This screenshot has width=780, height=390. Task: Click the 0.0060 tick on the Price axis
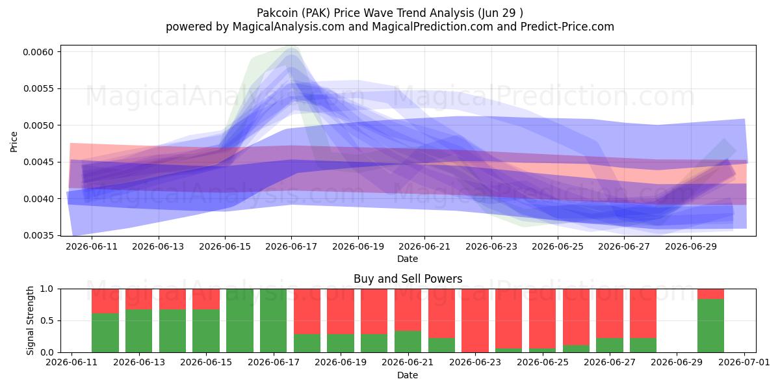coord(38,52)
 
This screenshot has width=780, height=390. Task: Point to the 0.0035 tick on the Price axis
coord(38,236)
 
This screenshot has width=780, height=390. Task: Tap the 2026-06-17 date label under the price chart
coord(291,246)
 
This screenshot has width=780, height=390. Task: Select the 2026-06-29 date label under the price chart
coord(691,246)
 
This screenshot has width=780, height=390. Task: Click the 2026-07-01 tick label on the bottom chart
coord(744,362)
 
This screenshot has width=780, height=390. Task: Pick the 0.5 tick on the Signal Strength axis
coord(47,320)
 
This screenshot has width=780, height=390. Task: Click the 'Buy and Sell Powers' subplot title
coord(408,279)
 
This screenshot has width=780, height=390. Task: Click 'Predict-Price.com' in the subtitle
coord(567,27)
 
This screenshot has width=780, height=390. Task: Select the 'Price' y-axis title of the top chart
coord(14,142)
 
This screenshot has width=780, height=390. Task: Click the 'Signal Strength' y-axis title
coord(31,320)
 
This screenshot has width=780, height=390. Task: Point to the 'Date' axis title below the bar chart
coord(408,375)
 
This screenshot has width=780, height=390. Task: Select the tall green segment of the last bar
coord(710,326)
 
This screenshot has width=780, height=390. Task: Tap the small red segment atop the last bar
coord(710,294)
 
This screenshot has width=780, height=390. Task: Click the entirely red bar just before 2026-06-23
coord(475,320)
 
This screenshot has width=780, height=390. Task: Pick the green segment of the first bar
coord(105,333)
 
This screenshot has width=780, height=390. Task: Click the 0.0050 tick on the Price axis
coord(38,125)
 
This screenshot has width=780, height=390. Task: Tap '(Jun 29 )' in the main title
coord(500,13)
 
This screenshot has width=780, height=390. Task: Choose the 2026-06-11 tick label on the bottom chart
coord(71,362)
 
